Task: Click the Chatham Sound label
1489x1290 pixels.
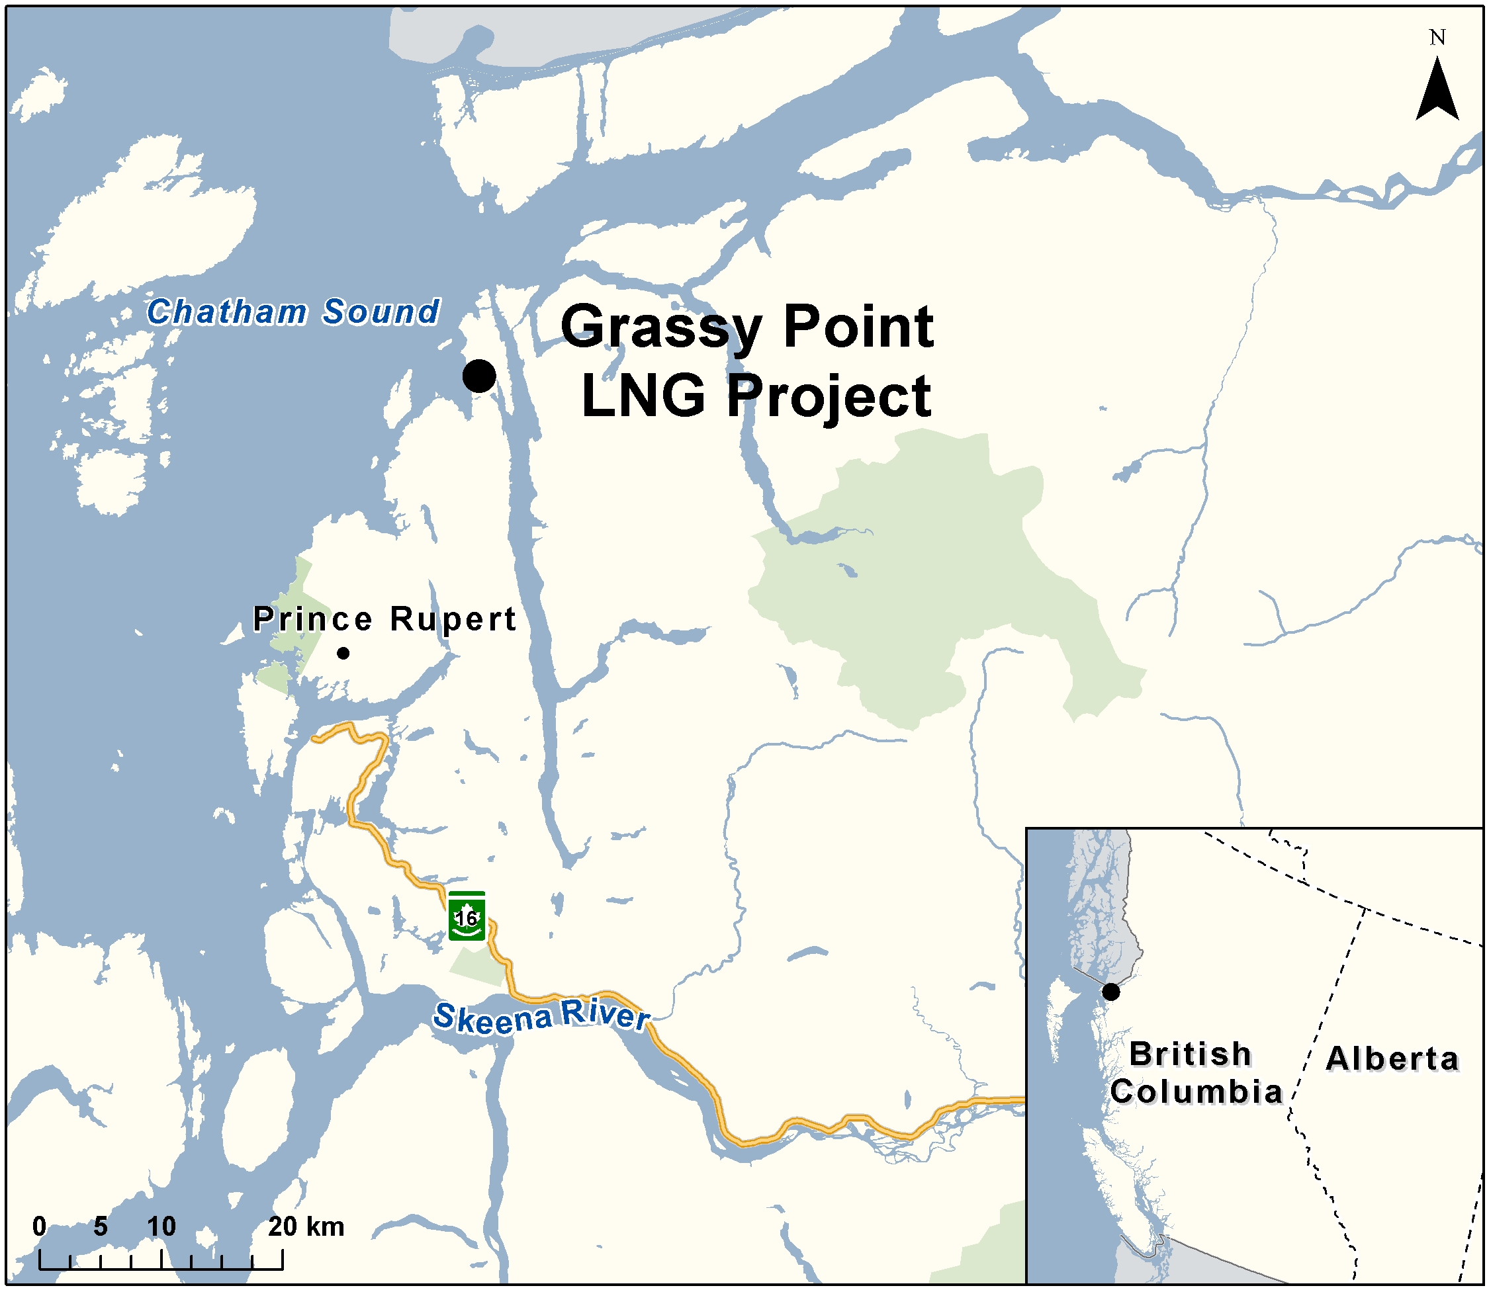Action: point(293,312)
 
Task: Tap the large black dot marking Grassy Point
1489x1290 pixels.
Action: point(479,376)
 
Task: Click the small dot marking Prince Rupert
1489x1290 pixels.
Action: point(343,653)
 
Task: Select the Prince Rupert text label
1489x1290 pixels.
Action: point(384,619)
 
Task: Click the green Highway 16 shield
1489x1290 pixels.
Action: point(467,916)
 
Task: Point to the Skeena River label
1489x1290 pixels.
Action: point(541,1016)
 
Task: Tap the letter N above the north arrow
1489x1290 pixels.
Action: point(1437,38)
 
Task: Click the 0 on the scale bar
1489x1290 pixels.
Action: point(40,1226)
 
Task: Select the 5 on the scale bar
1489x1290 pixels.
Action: point(101,1226)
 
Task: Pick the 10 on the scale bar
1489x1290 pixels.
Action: point(161,1226)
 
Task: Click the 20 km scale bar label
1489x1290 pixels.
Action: point(306,1226)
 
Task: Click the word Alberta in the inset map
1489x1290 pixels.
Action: point(1392,1059)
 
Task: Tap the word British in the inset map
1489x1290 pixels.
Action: point(1190,1054)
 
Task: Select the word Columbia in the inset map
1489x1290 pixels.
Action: point(1196,1092)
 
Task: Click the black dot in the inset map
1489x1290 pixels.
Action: point(1111,992)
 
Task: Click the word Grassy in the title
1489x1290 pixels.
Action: point(661,327)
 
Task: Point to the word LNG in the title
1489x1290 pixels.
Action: point(643,396)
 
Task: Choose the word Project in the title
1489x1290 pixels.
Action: point(829,396)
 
